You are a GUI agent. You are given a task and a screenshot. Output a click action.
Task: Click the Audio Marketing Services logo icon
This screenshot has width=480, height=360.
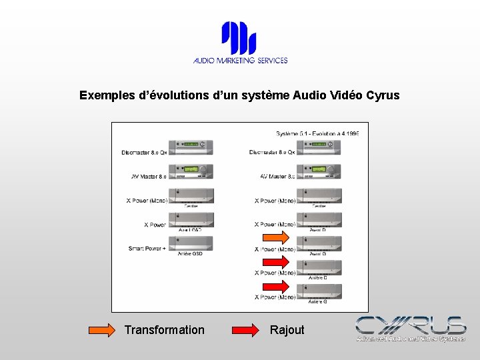(x=239, y=38)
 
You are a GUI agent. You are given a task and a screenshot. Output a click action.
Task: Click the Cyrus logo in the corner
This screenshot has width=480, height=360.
(x=410, y=328)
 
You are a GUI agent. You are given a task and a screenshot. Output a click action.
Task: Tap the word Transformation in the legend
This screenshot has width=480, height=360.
(x=164, y=330)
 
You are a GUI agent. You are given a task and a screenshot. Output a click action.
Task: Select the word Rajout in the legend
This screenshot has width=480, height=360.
(x=287, y=330)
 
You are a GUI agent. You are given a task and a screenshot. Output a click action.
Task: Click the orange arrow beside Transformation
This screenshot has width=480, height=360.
(x=102, y=330)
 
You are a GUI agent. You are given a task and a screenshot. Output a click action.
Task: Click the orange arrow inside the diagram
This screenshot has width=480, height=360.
(x=275, y=238)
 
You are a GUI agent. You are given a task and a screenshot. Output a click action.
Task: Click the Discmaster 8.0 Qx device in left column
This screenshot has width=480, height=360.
(x=191, y=147)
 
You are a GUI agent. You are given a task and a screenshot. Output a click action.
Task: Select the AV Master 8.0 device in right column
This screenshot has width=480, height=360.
(x=319, y=171)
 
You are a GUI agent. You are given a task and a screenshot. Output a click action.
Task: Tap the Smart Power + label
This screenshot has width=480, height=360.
(x=147, y=249)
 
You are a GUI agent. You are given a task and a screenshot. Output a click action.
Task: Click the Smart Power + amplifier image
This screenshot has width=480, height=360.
(x=191, y=243)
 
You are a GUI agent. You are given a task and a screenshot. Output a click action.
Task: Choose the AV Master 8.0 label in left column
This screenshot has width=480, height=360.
(x=148, y=177)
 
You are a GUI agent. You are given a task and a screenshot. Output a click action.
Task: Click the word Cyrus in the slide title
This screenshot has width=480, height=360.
(x=383, y=95)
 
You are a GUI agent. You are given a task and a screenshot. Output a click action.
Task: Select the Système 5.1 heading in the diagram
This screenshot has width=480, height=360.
(x=317, y=133)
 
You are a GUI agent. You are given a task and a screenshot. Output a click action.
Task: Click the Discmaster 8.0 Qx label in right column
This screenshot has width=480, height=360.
(x=272, y=153)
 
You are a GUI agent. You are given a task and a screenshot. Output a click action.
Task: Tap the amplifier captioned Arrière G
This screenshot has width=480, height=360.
(x=319, y=291)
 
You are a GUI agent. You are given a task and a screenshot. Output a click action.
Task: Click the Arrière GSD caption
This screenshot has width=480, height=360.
(x=189, y=254)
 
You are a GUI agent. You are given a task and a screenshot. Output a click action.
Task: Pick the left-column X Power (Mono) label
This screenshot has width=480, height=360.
(x=147, y=201)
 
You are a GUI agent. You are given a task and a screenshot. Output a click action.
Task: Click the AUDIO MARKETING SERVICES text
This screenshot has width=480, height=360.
(x=240, y=60)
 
